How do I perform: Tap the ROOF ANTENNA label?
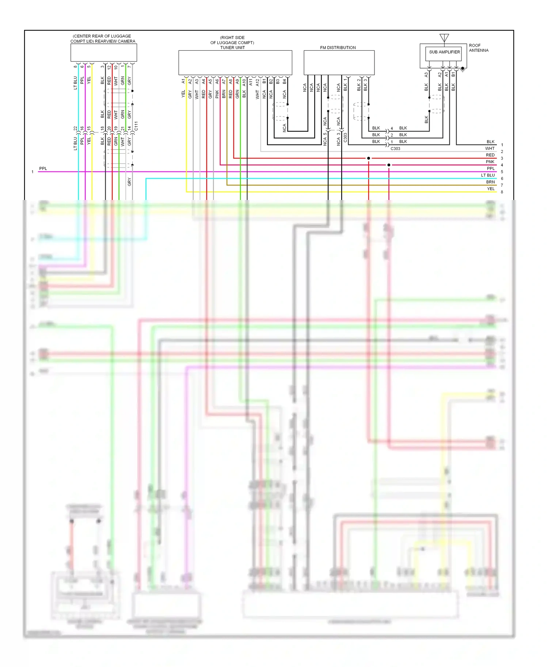click(x=478, y=48)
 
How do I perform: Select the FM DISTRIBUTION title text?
click(x=338, y=47)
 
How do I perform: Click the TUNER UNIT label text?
click(x=232, y=47)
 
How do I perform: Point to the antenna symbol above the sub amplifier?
click(x=444, y=38)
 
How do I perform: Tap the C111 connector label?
click(x=136, y=126)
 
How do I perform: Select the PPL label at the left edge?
click(x=43, y=168)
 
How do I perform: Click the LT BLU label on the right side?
click(x=488, y=175)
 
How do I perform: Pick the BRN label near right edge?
click(x=490, y=182)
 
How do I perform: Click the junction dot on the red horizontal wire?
click(x=369, y=158)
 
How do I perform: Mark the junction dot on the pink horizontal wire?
click(x=389, y=165)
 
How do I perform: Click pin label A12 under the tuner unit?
click(x=257, y=82)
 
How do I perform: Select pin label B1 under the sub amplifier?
click(x=453, y=74)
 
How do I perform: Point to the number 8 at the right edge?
click(x=502, y=192)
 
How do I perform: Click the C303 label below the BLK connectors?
click(x=395, y=149)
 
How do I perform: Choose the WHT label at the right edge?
click(x=490, y=148)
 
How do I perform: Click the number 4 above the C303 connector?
click(x=392, y=128)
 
